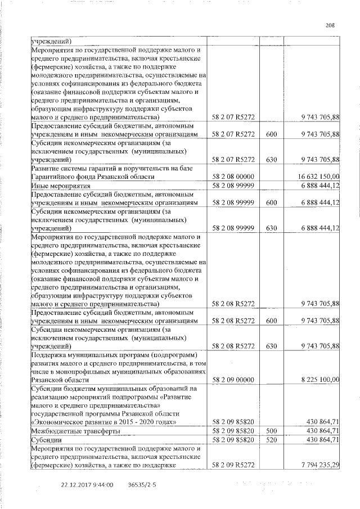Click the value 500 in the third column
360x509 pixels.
coord(272,430)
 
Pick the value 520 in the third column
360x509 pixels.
coord(272,439)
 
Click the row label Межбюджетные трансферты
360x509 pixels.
coord(67,430)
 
